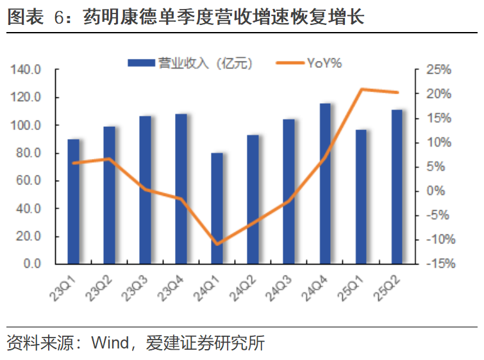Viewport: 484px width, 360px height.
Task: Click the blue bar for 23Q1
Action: (74, 202)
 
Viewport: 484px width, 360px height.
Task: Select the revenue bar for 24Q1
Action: (217, 209)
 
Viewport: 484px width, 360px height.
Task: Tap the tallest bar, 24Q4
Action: (325, 184)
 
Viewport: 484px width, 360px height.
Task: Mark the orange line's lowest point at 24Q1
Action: (217, 244)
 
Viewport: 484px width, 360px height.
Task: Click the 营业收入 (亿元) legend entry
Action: (193, 63)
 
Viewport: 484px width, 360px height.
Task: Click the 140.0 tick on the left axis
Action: (26, 70)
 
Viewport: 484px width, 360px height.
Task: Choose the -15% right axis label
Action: (440, 263)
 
